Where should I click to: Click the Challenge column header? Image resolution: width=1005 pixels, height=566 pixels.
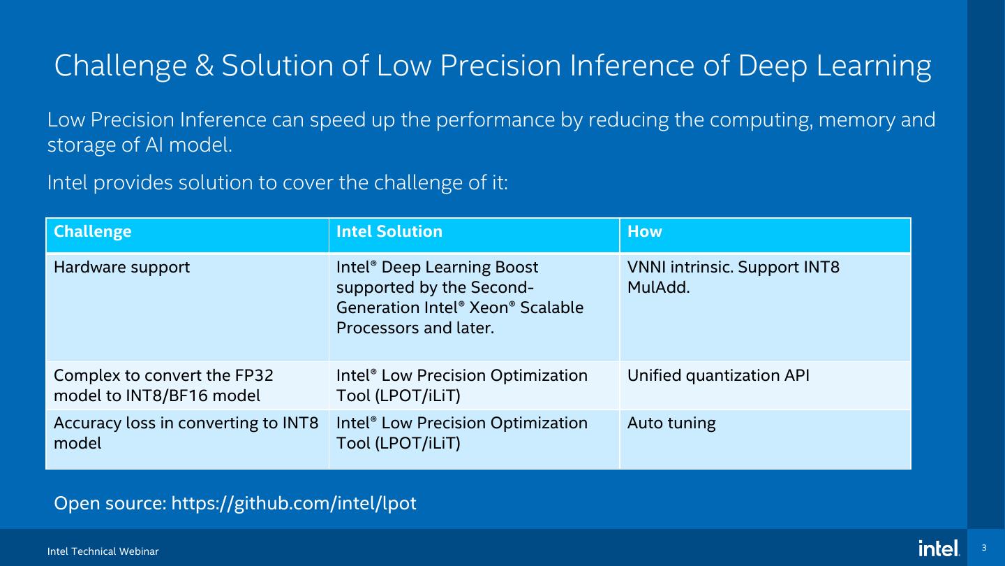[x=93, y=232]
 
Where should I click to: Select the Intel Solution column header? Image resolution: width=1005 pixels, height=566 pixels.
[x=389, y=232]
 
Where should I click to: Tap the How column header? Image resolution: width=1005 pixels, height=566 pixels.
[x=645, y=232]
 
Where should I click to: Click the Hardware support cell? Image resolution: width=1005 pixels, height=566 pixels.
[x=122, y=268]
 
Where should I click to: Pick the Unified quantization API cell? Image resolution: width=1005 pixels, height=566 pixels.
[x=718, y=376]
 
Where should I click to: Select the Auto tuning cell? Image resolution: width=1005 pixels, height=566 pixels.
[x=671, y=423]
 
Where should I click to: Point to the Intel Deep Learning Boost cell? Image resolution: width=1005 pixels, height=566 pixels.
[x=459, y=298]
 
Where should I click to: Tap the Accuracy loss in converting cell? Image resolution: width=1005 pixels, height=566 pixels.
[x=186, y=433]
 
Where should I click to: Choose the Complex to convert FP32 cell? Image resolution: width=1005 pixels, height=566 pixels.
[x=163, y=386]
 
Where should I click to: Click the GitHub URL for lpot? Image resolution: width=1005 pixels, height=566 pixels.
[x=294, y=503]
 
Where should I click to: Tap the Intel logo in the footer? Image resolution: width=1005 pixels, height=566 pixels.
[x=939, y=549]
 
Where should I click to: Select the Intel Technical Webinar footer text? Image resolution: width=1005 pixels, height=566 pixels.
[x=103, y=552]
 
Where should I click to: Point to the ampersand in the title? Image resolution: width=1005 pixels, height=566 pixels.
[x=204, y=66]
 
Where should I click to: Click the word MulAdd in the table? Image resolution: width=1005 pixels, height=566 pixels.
[x=658, y=287]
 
